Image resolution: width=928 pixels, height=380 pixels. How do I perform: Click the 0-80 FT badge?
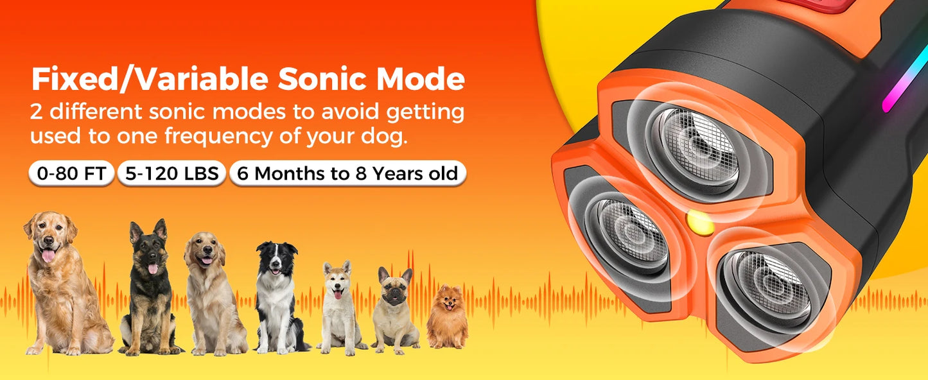coord(71,173)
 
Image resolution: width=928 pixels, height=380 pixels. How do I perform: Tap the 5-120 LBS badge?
coord(171,173)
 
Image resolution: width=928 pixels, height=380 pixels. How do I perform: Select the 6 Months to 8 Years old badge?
coord(347,173)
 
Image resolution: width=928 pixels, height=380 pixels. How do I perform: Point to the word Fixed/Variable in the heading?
coord(150,80)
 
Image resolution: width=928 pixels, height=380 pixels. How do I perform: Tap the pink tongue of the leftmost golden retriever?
coord(48,256)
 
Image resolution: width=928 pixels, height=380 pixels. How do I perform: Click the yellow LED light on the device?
coord(699,222)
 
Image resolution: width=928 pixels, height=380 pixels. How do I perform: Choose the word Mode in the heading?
coord(420,80)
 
